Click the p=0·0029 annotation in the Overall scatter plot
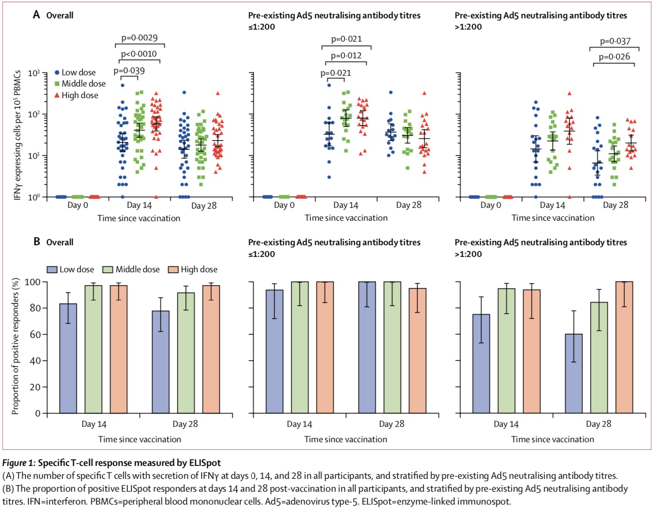pyautogui.click(x=140, y=38)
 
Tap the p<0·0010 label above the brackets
pyautogui.click(x=139, y=54)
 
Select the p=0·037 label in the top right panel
pyautogui.click(x=615, y=41)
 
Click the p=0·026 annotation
pyautogui.click(x=614, y=57)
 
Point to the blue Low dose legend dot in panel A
pyautogui.click(x=57, y=72)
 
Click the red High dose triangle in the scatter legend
pyautogui.click(x=57, y=95)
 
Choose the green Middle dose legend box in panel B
pyautogui.click(x=108, y=270)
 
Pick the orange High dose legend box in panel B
pyautogui.click(x=173, y=270)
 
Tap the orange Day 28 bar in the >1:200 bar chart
pyautogui.click(x=624, y=347)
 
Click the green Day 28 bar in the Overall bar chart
pyautogui.click(x=186, y=353)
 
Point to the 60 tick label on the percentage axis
pyautogui.click(x=35, y=335)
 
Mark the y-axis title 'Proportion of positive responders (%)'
pyautogui.click(x=15, y=346)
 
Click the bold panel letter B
pyautogui.click(x=37, y=242)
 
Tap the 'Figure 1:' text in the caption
pyautogui.click(x=19, y=463)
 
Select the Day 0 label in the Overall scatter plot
pyautogui.click(x=78, y=205)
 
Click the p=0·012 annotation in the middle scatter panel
pyautogui.click(x=346, y=56)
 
